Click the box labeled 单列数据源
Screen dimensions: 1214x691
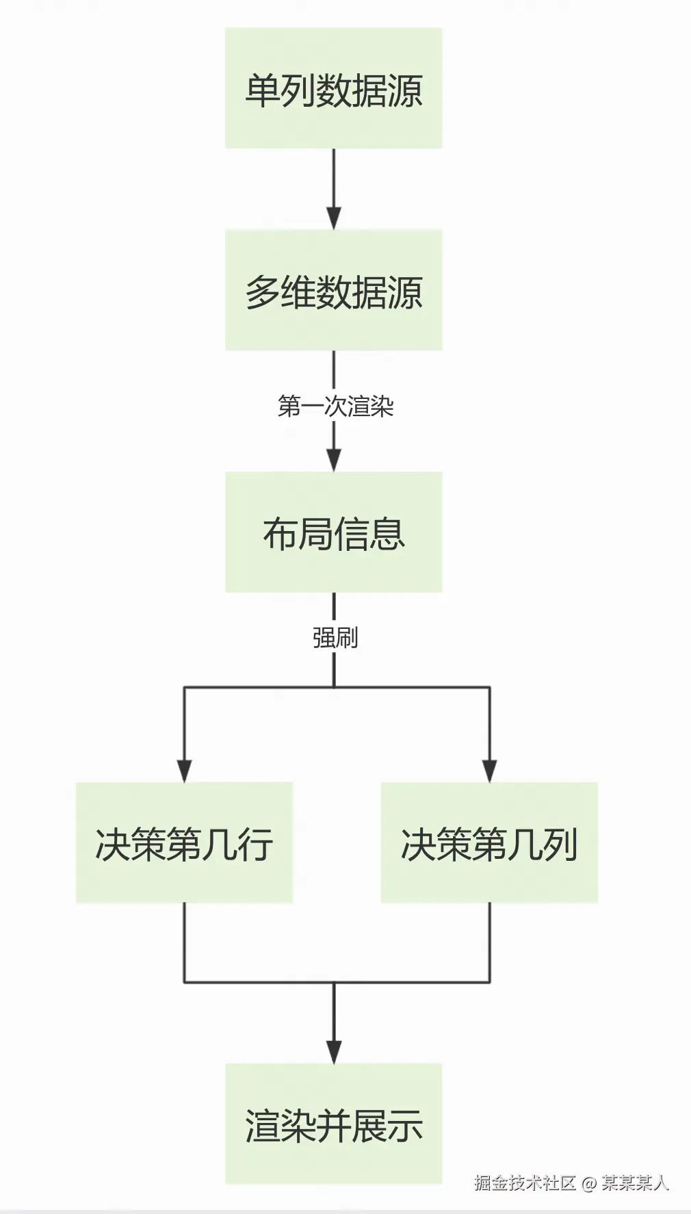[333, 88]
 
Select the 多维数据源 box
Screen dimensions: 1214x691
[333, 290]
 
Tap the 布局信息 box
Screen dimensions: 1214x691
[333, 532]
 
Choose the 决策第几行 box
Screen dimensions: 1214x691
[184, 842]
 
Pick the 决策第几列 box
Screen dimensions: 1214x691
[489, 842]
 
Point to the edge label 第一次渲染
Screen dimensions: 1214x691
[335, 406]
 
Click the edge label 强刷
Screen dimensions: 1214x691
[335, 638]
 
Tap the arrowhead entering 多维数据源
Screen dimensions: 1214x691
[334, 218]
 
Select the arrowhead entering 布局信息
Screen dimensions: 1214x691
[334, 460]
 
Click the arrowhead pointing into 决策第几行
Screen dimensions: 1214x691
[184, 771]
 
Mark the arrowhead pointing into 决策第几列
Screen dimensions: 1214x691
[489, 771]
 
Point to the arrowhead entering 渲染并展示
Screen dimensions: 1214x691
[334, 1052]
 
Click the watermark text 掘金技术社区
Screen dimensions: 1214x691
[525, 1183]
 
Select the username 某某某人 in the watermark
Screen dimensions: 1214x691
[635, 1183]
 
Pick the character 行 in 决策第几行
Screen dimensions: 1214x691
[256, 844]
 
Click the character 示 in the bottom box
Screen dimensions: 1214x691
[406, 1126]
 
